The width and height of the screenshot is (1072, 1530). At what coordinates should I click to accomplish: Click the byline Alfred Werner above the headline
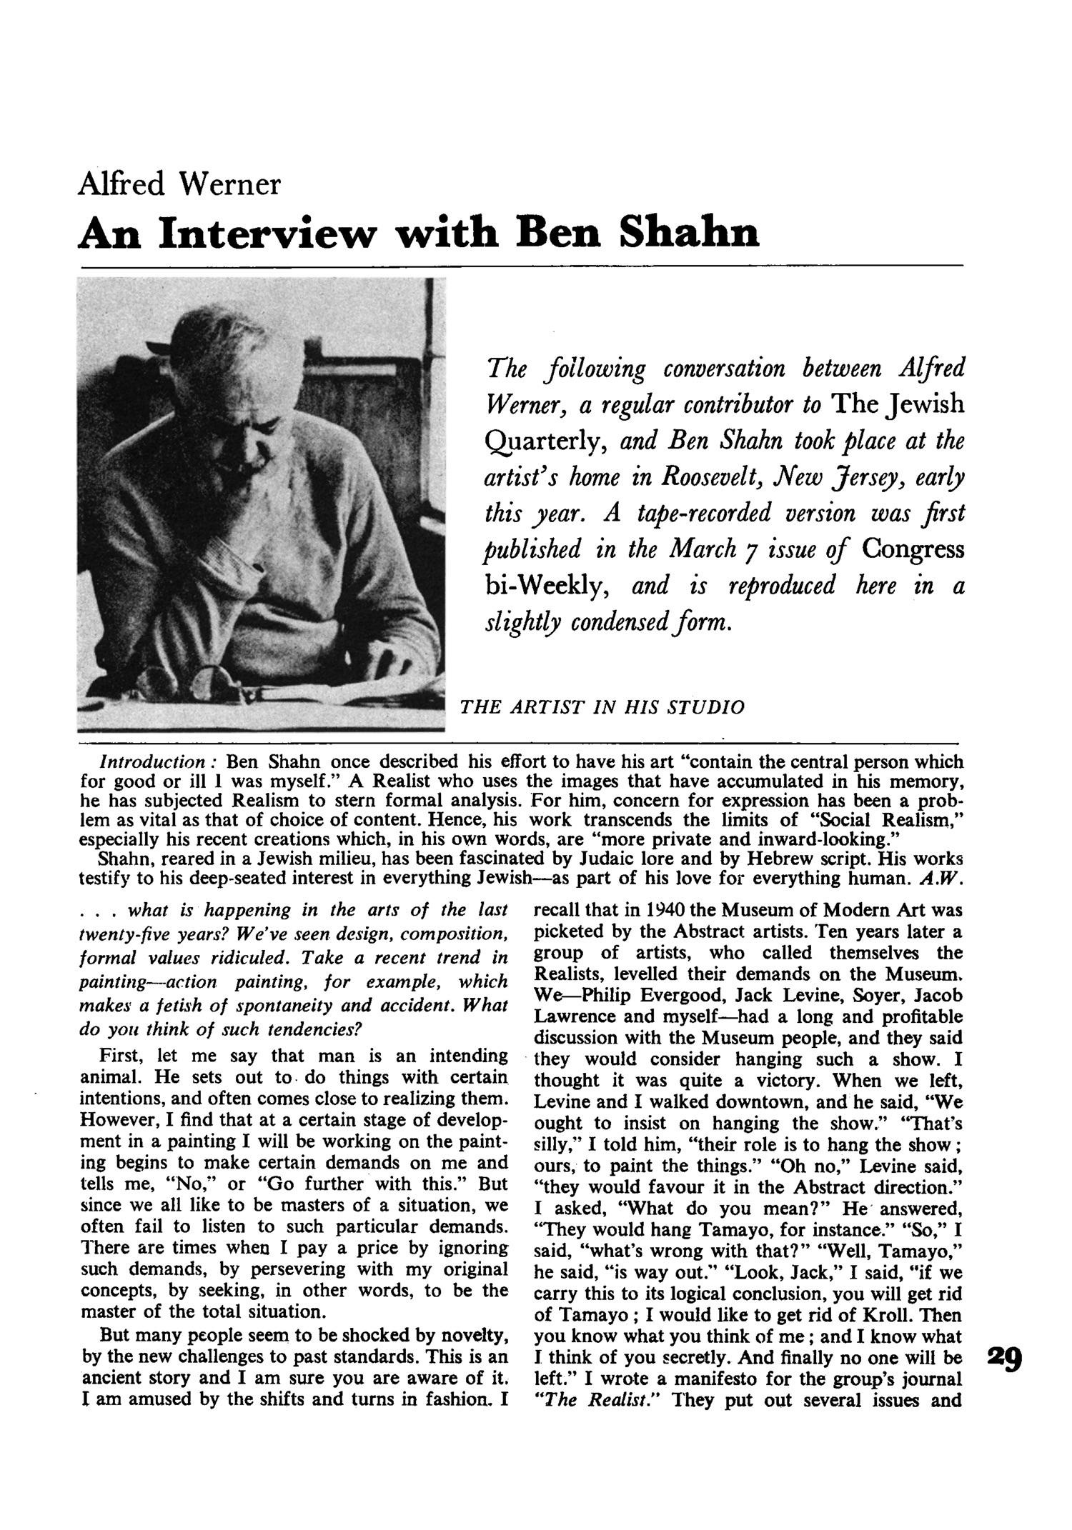pos(179,184)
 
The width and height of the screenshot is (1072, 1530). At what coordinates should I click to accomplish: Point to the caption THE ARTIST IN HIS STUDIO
pos(602,707)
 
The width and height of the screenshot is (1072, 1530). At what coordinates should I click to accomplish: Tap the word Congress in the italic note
pos(913,549)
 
